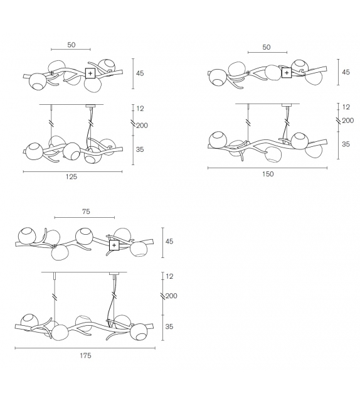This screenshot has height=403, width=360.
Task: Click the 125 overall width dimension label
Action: click(x=71, y=176)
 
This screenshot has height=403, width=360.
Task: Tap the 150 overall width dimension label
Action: click(x=268, y=174)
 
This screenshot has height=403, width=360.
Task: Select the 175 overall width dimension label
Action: click(x=85, y=355)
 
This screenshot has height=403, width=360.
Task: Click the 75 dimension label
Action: click(x=86, y=212)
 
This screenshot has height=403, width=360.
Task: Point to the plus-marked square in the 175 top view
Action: click(x=114, y=245)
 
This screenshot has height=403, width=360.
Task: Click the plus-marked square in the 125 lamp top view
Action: click(x=90, y=73)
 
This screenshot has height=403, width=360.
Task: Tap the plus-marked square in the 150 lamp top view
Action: click(x=287, y=73)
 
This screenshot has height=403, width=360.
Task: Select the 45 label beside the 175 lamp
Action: click(x=169, y=241)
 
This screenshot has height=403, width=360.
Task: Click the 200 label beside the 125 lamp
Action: click(x=142, y=126)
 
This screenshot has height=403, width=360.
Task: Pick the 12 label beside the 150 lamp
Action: click(x=346, y=107)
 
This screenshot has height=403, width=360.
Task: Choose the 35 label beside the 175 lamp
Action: click(x=169, y=326)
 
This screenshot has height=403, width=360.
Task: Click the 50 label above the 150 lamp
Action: click(x=267, y=47)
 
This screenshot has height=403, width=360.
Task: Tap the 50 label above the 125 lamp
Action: click(x=71, y=45)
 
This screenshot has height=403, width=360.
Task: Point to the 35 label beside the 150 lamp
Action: click(x=346, y=144)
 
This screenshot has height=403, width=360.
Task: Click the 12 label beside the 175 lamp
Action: click(x=169, y=276)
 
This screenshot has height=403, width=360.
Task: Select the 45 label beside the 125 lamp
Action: click(x=140, y=73)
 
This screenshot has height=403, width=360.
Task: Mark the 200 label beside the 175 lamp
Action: click(x=171, y=296)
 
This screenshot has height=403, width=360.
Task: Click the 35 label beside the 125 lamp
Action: click(x=140, y=149)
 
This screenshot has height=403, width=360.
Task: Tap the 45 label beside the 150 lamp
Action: click(x=346, y=72)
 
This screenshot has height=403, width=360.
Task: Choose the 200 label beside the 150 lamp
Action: click(x=348, y=121)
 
